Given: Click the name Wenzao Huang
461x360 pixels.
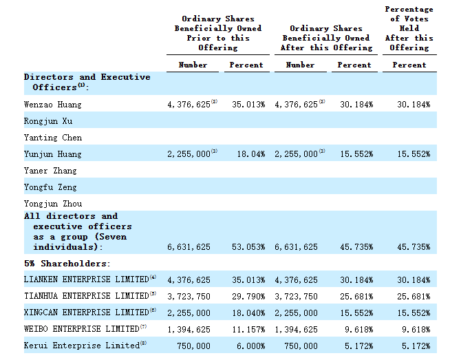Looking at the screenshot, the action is pyautogui.click(x=52, y=105).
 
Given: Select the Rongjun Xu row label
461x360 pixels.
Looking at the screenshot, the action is pyautogui.click(x=48, y=121).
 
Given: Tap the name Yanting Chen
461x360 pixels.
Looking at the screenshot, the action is pyautogui.click(x=53, y=138).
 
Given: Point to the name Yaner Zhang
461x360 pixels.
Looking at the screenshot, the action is pyautogui.click(x=50, y=171).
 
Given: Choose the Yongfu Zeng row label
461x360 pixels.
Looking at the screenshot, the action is pyautogui.click(x=50, y=187).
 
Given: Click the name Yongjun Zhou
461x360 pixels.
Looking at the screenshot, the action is pyautogui.click(x=53, y=204).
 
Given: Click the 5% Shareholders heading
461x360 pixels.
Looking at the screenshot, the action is pyautogui.click(x=67, y=264).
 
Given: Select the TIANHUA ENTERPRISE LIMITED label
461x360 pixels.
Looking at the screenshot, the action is pyautogui.click(x=87, y=296).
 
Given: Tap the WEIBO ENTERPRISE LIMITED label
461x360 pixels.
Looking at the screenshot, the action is pyautogui.click(x=82, y=329).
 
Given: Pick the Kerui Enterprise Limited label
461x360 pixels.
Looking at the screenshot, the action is pyautogui.click(x=82, y=346).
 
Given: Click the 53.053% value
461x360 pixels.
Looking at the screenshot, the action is pyautogui.click(x=248, y=247).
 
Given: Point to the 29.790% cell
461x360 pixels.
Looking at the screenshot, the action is pyautogui.click(x=248, y=297).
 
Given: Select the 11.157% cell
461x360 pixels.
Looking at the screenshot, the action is pyautogui.click(x=248, y=330).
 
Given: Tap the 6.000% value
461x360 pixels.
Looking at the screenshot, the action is pyautogui.click(x=250, y=346).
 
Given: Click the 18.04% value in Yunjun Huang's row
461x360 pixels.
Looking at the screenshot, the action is pyautogui.click(x=251, y=154).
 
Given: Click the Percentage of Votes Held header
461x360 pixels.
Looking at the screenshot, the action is pyautogui.click(x=409, y=28).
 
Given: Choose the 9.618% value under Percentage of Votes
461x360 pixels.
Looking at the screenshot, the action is pyautogui.click(x=416, y=330).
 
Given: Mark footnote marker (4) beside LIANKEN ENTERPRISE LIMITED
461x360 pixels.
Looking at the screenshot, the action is pyautogui.click(x=153, y=277).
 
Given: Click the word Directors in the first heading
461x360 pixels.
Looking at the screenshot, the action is pyautogui.click(x=49, y=77).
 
